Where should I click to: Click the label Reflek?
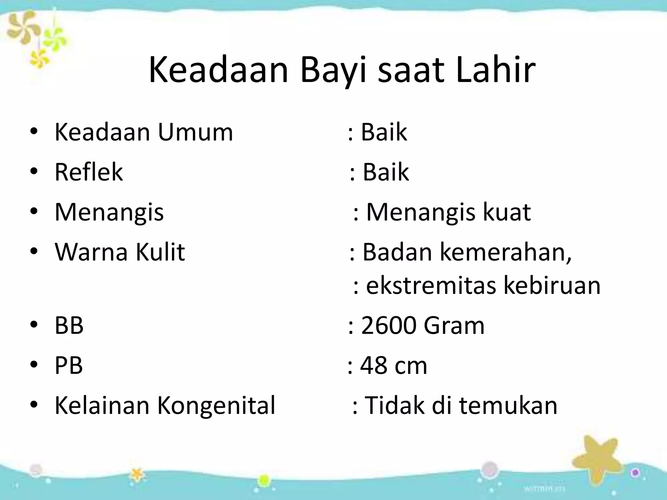click(89, 172)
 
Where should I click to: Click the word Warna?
click(91, 252)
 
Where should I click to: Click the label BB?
click(69, 325)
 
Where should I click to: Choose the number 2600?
click(389, 325)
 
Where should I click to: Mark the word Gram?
click(454, 325)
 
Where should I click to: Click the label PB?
click(69, 366)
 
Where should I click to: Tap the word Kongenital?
click(216, 406)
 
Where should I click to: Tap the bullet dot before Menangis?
click(34, 212)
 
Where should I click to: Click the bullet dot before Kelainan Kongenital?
click(34, 406)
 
